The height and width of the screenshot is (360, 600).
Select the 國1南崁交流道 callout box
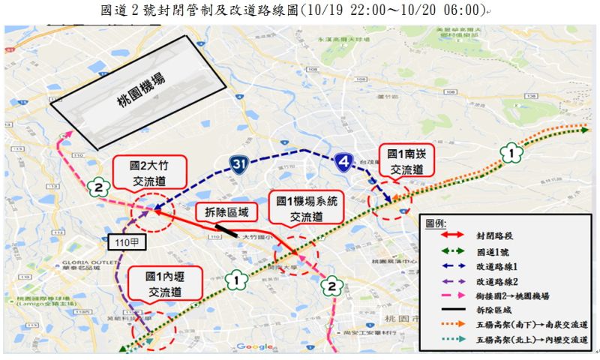click(406, 161)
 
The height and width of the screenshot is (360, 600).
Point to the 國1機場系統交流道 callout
click(306, 209)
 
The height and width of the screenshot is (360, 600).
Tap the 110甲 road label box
click(121, 242)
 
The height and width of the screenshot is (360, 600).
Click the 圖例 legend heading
click(435, 223)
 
